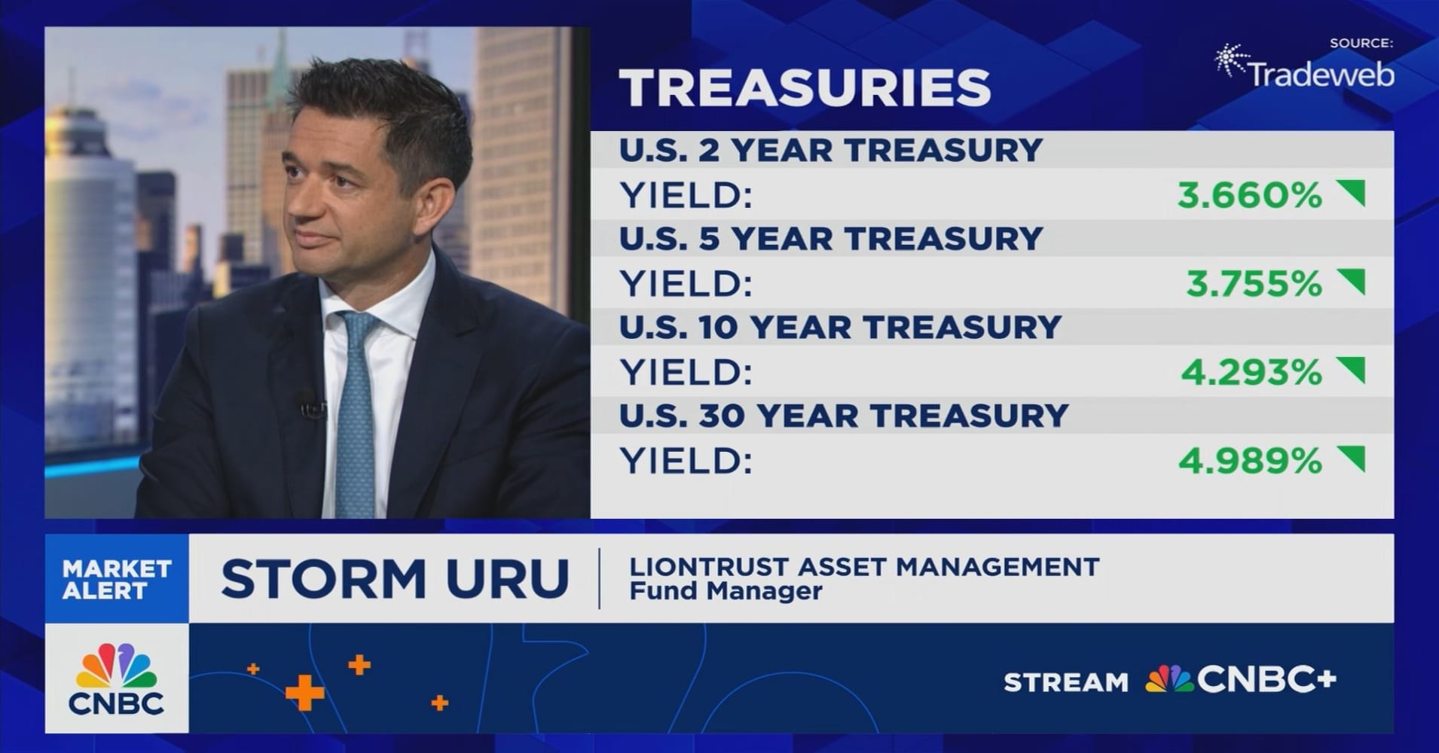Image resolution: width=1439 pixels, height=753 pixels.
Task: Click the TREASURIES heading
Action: [x=805, y=87]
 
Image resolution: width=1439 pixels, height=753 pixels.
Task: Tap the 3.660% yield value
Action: [x=1249, y=196]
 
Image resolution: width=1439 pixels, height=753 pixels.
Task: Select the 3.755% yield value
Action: [x=1254, y=284]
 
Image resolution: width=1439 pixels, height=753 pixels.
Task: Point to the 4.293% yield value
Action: [x=1251, y=373]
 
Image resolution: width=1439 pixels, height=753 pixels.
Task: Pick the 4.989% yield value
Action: [x=1249, y=461]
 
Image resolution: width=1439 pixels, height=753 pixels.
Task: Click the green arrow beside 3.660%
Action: [x=1352, y=194]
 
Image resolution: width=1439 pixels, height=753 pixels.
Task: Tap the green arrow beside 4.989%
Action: [x=1352, y=458]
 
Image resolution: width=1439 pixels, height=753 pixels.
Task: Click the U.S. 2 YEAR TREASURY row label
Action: [x=830, y=150]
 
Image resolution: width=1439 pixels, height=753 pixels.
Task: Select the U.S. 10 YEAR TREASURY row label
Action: [x=839, y=328]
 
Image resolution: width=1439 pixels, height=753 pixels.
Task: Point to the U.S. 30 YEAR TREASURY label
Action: [x=843, y=416]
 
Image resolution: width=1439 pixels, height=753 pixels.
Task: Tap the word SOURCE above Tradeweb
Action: [x=1361, y=43]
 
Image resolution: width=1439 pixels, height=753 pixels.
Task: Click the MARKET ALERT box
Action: [x=117, y=579]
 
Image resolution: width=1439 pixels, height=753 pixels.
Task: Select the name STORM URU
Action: [x=394, y=579]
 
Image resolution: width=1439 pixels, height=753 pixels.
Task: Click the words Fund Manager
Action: [x=725, y=592]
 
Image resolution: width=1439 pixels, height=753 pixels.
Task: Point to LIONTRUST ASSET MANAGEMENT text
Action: [x=864, y=566]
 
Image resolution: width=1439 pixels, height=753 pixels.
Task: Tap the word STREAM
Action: [x=1065, y=683]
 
